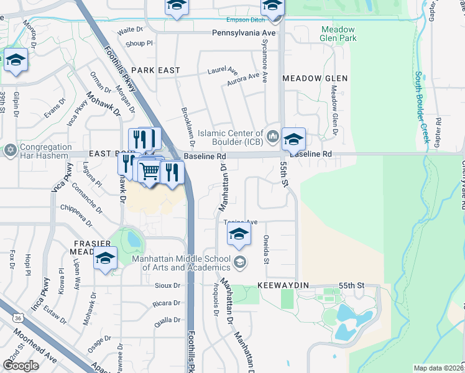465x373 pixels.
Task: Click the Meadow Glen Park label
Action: click(338, 34)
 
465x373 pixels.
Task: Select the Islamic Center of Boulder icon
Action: click(272, 136)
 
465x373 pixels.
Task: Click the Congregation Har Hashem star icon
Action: click(10, 150)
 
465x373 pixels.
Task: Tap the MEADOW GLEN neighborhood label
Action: click(315, 78)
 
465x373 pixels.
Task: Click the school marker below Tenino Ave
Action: click(238, 234)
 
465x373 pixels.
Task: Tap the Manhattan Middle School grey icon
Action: click(239, 262)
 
